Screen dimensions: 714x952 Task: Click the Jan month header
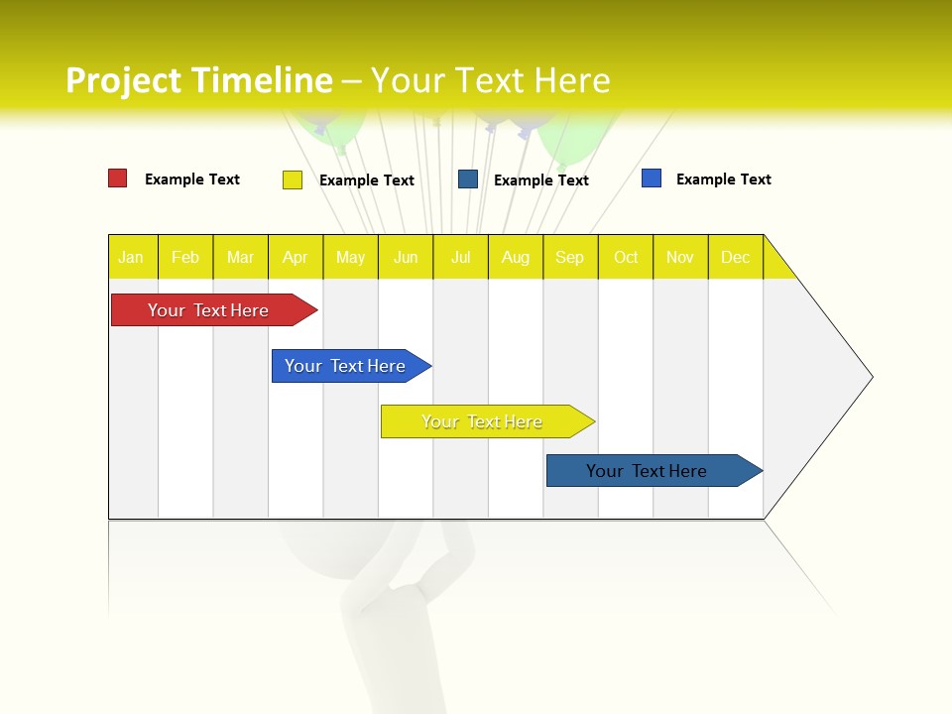[132, 257]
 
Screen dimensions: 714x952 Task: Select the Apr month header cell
[296, 257]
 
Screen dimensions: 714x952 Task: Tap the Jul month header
[461, 257]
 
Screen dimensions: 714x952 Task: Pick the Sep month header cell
[570, 257]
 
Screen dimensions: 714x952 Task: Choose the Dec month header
[736, 257]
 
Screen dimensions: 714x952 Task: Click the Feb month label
[185, 257]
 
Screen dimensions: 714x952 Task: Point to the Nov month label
[680, 257]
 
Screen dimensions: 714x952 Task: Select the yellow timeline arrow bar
[484, 421]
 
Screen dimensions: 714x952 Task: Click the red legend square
[117, 178]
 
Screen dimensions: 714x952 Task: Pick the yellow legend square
[293, 179]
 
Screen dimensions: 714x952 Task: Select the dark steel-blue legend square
[468, 179]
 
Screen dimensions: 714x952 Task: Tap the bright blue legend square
[652, 178]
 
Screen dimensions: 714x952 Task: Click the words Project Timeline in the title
[198, 80]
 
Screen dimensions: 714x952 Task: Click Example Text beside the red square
[192, 179]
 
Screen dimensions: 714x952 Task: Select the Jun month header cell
[406, 257]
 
